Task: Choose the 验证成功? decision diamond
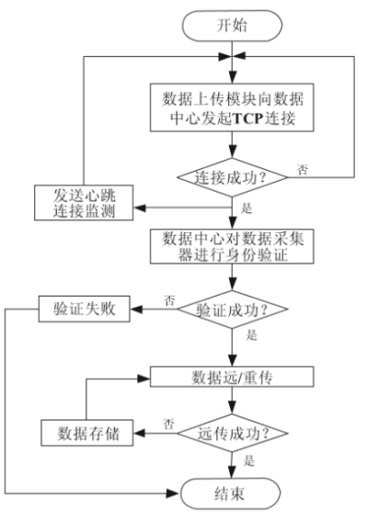(231, 309)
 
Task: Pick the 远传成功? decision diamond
(231, 429)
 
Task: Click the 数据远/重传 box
(231, 376)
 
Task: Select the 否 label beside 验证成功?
(169, 299)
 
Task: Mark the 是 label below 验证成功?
(251, 337)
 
